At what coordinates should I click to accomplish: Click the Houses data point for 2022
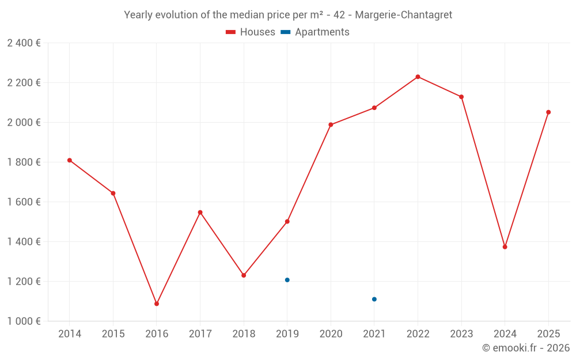point(418,77)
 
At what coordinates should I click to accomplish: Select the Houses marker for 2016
point(157,304)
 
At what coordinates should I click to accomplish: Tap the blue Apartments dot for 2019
point(287,280)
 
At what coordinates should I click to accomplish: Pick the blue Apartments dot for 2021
point(374,299)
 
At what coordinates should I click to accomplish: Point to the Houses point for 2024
point(505,247)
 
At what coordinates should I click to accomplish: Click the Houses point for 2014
point(70,160)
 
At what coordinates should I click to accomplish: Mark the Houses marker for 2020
point(331,124)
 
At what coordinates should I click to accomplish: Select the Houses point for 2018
point(244,275)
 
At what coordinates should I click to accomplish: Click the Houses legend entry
point(251,32)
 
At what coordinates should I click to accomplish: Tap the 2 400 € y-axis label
point(24,43)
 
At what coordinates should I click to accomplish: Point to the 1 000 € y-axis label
point(24,321)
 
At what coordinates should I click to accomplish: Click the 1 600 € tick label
point(24,202)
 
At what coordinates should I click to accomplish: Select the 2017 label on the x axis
point(200,334)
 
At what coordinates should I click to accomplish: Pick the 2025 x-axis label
point(548,334)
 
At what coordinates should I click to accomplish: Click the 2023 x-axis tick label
point(461,334)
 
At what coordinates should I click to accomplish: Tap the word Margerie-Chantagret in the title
point(404,15)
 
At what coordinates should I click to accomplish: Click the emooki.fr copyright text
point(525,348)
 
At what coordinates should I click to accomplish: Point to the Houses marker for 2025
point(548,112)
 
